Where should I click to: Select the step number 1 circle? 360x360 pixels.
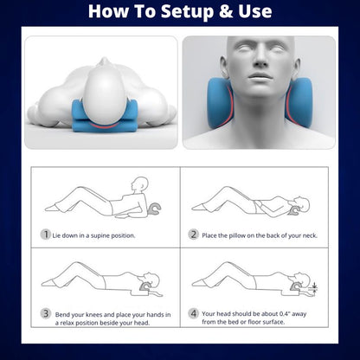tap(45, 234)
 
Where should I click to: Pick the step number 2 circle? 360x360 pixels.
tap(194, 234)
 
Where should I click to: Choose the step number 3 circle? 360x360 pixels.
tap(45, 313)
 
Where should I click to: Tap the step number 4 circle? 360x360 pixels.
tap(194, 313)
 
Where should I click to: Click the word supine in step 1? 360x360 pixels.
tap(107, 235)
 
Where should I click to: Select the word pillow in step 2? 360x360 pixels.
tap(239, 235)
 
